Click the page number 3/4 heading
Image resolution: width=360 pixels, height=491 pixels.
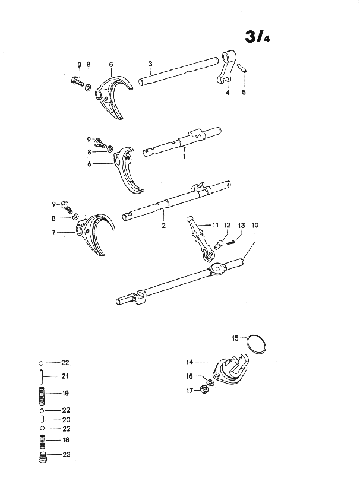coord(257,37)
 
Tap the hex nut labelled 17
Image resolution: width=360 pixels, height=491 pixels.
coord(204,390)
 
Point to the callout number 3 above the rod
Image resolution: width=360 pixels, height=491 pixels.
coord(150,64)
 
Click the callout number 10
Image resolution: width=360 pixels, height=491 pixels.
coord(255,225)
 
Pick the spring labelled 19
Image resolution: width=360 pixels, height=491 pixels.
coord(42,396)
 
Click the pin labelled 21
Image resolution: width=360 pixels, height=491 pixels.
coord(41,376)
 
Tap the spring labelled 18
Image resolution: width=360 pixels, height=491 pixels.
coord(42,441)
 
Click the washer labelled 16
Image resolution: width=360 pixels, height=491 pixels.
coord(210,382)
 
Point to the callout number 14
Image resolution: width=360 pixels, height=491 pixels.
coord(190,362)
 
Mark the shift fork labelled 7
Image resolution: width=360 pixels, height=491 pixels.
coord(94,233)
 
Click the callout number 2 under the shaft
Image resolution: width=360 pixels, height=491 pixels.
coord(163,225)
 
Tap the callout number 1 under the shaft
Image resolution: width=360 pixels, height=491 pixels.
coord(184,156)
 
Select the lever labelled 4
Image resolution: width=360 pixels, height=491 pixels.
coord(226,66)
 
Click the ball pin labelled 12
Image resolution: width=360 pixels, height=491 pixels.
coord(219,244)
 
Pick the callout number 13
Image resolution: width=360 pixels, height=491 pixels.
coord(241,225)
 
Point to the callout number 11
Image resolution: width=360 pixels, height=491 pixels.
coord(215,225)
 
